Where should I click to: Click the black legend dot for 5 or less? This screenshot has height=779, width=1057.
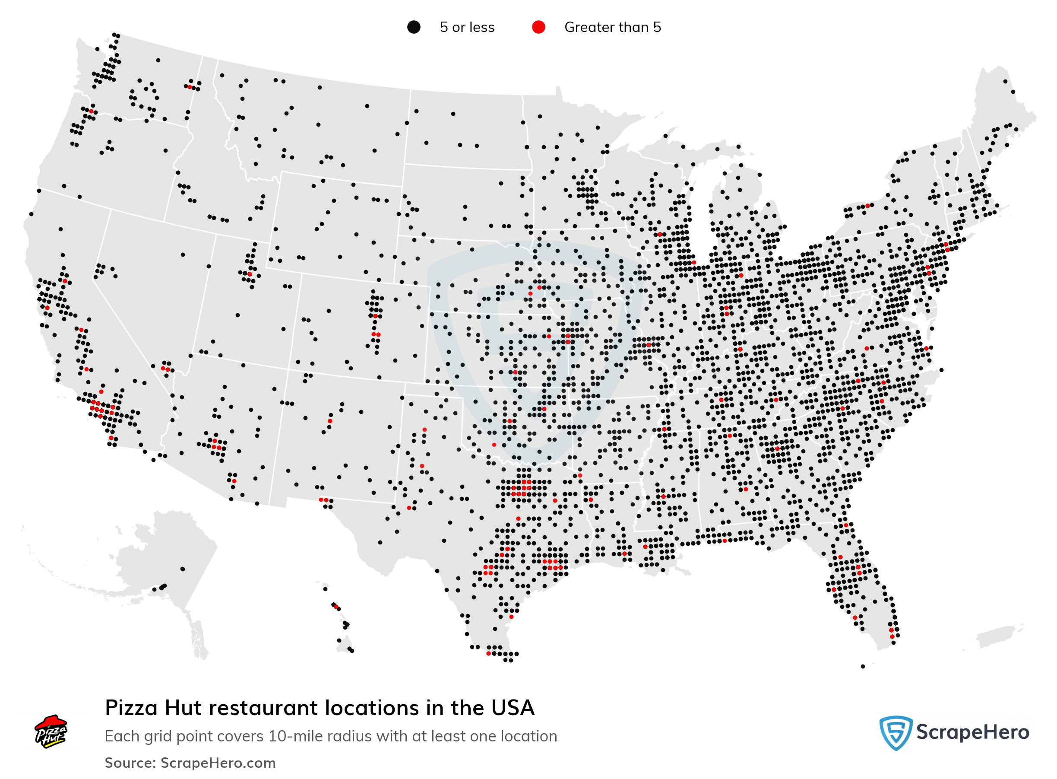pos(413,27)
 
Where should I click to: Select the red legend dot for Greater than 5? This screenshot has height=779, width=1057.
pos(538,27)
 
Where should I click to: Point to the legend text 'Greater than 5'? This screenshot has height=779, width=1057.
pos(612,27)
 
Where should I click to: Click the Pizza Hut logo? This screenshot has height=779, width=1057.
pos(51,731)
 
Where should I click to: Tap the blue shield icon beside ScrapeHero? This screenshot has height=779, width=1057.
pos(895,732)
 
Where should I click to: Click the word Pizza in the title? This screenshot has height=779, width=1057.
pos(130,708)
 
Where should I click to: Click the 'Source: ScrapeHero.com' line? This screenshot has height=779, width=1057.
pos(190,763)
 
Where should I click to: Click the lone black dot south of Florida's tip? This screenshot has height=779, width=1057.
pos(862,666)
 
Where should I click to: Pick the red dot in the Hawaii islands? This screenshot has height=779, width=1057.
pos(336,607)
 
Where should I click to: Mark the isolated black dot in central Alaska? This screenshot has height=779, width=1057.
pos(182,569)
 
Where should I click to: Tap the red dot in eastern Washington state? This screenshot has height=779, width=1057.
pos(190,87)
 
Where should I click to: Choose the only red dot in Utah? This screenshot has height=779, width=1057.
pos(249,274)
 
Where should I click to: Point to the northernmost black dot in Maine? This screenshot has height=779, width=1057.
pos(1005,81)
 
